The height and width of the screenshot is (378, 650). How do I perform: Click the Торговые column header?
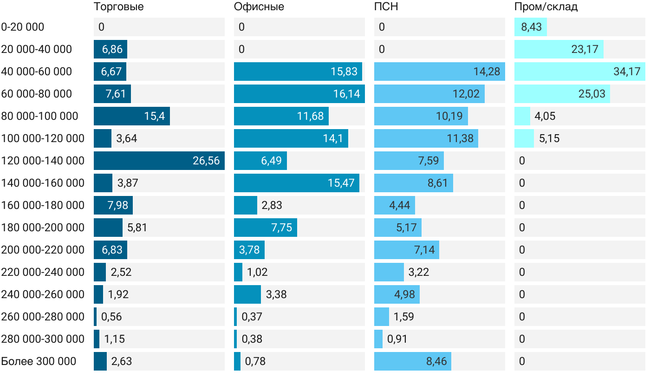118,7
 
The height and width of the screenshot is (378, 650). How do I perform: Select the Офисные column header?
259,7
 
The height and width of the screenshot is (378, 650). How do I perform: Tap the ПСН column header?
386,7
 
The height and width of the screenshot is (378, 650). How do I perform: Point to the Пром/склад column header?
546,7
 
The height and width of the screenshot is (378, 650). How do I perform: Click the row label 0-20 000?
23,27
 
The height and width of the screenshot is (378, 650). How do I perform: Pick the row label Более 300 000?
39,361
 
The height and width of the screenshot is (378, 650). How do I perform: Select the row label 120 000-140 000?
43,161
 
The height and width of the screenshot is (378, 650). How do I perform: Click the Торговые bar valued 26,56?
159,161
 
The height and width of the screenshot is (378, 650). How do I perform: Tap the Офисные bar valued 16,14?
299,94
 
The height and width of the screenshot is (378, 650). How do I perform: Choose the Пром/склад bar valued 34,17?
579,72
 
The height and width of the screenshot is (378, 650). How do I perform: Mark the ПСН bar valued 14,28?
439,72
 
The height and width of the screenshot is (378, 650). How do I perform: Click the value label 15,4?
154,116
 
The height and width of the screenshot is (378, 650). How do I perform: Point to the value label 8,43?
531,27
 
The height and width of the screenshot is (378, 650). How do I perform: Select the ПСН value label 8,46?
436,361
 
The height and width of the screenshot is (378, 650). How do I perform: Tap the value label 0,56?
111,317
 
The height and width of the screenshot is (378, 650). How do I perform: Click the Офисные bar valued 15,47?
296,183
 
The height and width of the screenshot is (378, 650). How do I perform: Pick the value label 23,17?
585,49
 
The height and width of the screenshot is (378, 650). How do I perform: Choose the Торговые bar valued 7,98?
113,205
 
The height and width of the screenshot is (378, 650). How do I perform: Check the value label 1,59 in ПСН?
403,317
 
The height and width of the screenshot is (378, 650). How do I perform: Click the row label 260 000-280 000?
43,317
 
